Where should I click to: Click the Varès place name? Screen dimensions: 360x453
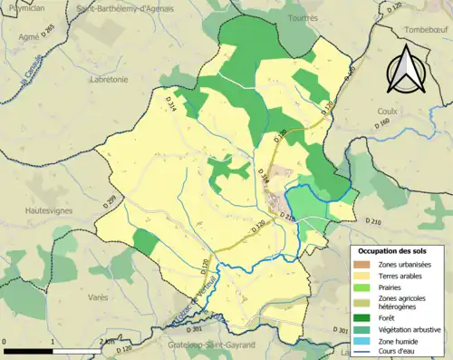pos(101,297)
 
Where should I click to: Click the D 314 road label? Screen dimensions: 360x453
pos(171,106)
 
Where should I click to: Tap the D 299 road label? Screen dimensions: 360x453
pos(114,199)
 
